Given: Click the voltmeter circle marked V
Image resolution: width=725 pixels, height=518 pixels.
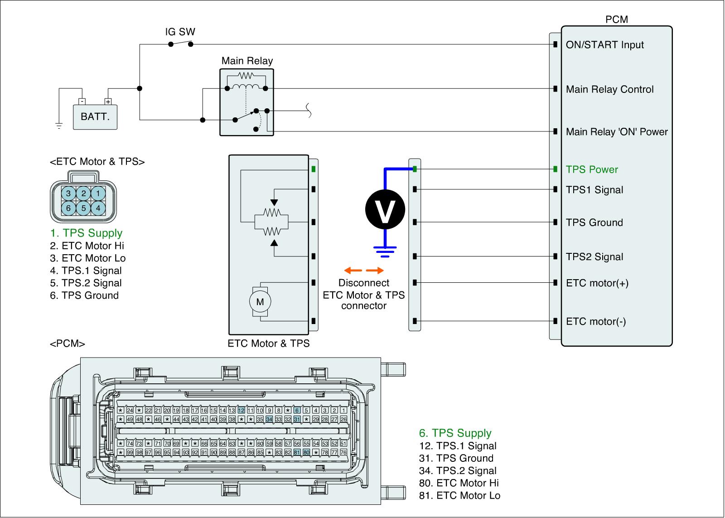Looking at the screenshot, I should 385,209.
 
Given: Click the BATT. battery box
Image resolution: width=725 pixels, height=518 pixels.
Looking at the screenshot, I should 95,116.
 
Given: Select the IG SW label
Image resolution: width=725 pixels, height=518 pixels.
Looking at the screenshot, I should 180,32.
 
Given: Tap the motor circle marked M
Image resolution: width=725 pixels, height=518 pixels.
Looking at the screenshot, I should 260,301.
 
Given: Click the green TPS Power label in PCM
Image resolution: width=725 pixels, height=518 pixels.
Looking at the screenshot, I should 592,169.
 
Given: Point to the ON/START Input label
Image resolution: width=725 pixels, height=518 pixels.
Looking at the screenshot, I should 604,45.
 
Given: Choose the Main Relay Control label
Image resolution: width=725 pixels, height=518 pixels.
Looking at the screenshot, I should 609,89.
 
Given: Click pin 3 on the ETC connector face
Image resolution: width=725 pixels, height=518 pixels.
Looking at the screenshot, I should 68,194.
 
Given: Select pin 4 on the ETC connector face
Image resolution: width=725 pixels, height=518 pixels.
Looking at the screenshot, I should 98,208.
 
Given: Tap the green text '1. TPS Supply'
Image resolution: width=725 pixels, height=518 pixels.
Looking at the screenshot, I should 86,233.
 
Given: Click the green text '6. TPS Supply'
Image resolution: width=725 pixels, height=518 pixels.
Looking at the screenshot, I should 455,433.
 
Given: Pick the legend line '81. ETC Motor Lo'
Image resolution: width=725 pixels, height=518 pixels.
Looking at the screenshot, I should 459,495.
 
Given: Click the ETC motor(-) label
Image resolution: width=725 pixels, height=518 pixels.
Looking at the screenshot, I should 596,322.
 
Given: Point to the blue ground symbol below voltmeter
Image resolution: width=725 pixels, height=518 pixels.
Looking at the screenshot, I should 385,251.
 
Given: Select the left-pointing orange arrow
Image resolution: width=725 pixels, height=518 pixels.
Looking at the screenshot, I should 353,271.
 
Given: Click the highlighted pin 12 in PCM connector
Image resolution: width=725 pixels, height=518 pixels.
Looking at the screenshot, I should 241,410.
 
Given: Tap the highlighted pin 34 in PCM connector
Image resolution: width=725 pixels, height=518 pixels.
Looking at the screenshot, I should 269,419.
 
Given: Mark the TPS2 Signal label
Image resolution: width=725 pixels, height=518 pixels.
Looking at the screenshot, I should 594,257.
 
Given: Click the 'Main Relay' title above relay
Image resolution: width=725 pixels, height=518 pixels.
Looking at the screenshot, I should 247,61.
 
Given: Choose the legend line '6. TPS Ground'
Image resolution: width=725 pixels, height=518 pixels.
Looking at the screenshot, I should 84,295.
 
